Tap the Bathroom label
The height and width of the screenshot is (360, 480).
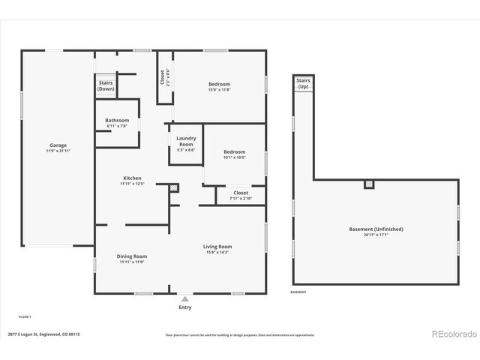pos(117,121)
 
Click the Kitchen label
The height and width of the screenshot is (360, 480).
pos(132,178)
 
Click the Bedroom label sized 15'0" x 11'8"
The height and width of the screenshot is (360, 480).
pos(219,84)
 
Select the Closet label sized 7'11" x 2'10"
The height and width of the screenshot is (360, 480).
pos(241,193)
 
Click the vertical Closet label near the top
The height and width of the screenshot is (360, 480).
pos(163,76)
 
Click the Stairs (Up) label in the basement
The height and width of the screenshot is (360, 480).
pos(303,82)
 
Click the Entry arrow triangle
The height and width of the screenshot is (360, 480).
pos(184,298)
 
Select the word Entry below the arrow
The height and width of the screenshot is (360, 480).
pos(184,307)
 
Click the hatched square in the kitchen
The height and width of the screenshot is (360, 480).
pos(174,187)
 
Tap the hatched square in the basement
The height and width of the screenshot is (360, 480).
pos(368,184)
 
